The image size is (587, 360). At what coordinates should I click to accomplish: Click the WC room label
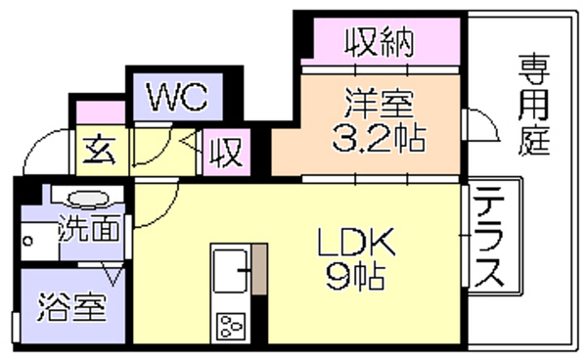click(x=177, y=97)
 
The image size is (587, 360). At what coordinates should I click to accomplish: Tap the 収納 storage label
click(x=379, y=43)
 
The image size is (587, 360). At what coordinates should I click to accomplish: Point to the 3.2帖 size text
click(x=379, y=138)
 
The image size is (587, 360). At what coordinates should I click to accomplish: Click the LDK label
click(x=356, y=243)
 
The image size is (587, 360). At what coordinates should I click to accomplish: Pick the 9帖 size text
click(x=355, y=277)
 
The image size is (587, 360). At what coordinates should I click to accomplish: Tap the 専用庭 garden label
click(x=534, y=105)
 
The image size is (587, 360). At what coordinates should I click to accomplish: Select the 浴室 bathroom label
click(x=72, y=308)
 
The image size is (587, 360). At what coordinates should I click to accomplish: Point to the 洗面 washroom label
click(x=90, y=228)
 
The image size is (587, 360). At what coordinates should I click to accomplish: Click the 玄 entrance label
click(x=99, y=150)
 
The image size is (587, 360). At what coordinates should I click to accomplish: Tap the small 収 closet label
click(x=225, y=152)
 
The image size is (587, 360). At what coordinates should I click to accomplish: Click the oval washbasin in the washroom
click(x=88, y=199)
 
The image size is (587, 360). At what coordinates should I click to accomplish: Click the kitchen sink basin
click(x=230, y=271)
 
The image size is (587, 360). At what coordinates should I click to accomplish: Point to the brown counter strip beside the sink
click(x=259, y=269)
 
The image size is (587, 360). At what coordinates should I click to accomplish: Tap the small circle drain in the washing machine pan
click(x=27, y=242)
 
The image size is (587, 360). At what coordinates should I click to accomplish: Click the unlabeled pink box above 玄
click(x=101, y=112)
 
